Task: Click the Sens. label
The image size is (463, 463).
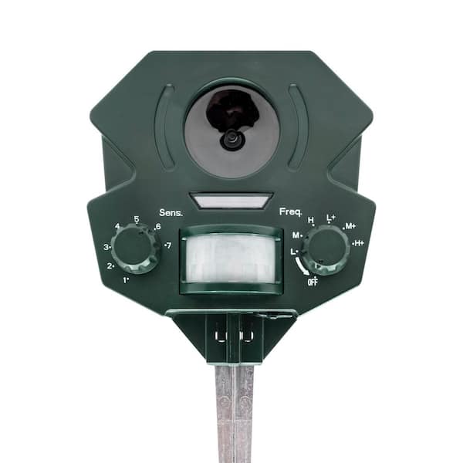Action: (171, 212)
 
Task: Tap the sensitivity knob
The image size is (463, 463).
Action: (134, 248)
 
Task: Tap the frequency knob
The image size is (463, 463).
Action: (325, 249)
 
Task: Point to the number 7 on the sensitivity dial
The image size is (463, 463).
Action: (167, 245)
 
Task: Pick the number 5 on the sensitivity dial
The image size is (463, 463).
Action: (137, 219)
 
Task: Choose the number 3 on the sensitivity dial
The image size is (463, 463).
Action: (107, 247)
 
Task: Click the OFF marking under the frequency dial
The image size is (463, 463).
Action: (313, 282)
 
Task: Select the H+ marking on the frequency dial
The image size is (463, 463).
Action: (358, 243)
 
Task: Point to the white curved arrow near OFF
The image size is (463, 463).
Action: (299, 266)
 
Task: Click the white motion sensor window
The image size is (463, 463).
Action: (230, 259)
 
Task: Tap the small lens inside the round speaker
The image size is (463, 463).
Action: (230, 140)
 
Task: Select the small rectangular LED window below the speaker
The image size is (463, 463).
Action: (231, 201)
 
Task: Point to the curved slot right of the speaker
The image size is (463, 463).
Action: (298, 126)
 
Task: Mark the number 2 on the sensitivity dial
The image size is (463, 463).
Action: (111, 266)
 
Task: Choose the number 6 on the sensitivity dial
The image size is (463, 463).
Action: (157, 227)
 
